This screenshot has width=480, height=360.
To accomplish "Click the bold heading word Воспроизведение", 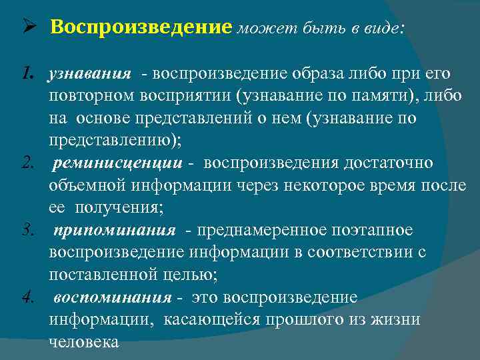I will click(x=141, y=27).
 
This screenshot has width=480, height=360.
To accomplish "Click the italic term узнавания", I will click(x=91, y=75).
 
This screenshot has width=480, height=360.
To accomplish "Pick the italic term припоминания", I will click(x=115, y=231).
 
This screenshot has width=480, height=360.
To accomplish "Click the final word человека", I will click(x=83, y=342).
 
